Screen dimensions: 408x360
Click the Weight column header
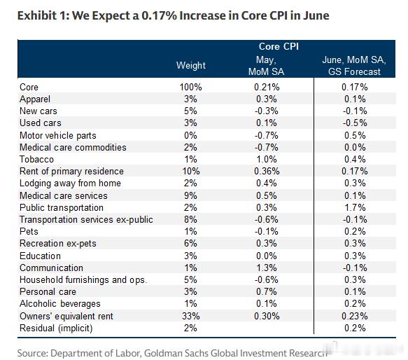(191, 65)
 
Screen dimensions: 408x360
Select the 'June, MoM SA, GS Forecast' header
(354, 66)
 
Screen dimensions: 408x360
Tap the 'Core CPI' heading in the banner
(279, 47)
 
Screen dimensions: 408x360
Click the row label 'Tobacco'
(36, 159)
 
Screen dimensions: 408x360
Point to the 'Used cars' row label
(41, 123)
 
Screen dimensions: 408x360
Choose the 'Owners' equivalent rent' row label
(66, 316)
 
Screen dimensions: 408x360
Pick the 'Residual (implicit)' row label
(56, 328)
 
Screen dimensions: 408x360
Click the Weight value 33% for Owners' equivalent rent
(191, 316)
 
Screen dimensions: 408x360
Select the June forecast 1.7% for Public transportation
(355, 207)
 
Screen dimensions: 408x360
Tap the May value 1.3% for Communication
(267, 268)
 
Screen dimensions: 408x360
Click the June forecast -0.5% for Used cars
(355, 123)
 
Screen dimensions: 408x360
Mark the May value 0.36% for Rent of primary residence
(267, 171)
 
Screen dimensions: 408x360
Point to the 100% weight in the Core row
(191, 87)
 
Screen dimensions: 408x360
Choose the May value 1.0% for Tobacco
(267, 159)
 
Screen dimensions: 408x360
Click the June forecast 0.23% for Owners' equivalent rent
(355, 316)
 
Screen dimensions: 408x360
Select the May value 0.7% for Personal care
(267, 291)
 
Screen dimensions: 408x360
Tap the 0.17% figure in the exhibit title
(160, 15)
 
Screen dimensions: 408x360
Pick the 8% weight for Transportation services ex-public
(190, 220)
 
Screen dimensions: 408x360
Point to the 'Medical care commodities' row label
(73, 148)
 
